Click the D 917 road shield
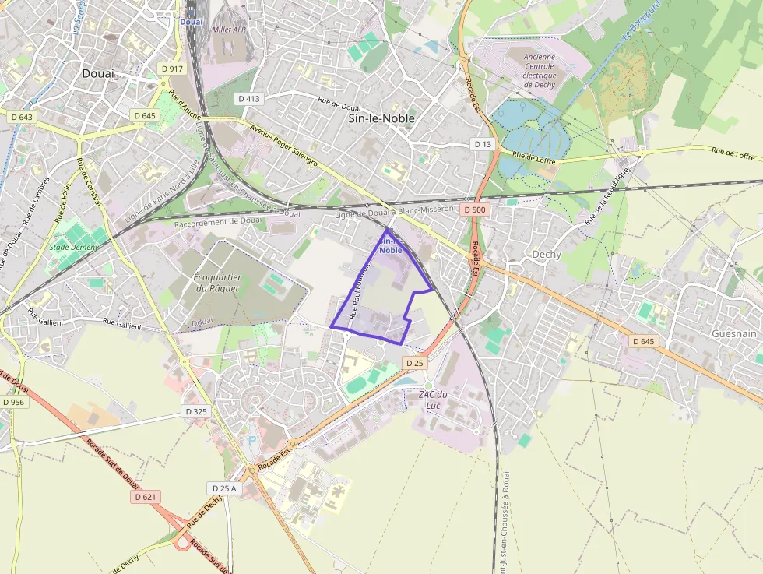coord(172,69)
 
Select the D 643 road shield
coord(22,117)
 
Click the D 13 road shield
coord(483,145)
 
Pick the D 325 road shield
coord(197,410)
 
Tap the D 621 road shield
coord(145,497)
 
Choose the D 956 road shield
coord(13,402)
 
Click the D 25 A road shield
coord(224,488)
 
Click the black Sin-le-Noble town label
coord(381,118)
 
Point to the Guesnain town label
coord(733,333)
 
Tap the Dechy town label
coord(547,255)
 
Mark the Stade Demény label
coord(73,248)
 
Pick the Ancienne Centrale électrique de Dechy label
coord(539,70)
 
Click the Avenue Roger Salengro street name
coord(283,145)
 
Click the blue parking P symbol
coord(252,440)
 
